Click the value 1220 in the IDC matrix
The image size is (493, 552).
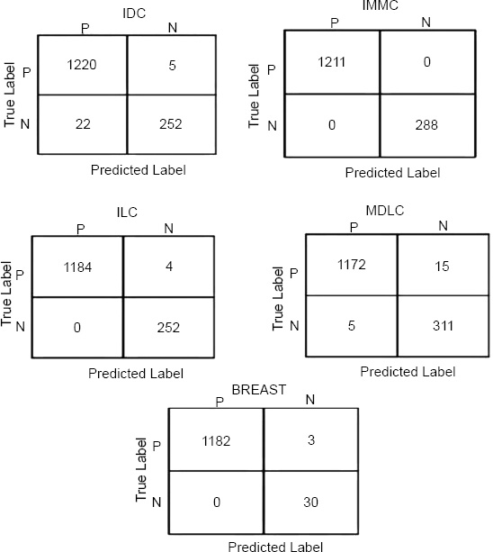coord(82,65)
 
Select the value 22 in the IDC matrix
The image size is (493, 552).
coord(83,124)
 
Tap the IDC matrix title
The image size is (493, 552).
coord(134,14)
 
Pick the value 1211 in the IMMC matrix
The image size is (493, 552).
coord(332,62)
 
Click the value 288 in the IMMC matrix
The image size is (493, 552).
coord(426,125)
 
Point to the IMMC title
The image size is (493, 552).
coord(381,5)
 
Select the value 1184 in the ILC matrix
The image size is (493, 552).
coord(77,267)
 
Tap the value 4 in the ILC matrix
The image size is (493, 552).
coord(169,267)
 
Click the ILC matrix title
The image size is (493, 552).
coord(127,213)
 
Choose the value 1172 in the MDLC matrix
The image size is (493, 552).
coord(352,265)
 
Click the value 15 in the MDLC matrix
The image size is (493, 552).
coord(442,267)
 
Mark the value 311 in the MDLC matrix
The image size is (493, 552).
coord(443,326)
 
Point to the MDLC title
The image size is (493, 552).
coord(385,211)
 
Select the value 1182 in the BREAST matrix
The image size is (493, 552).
coord(216,440)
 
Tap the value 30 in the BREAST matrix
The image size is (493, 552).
coord(311,502)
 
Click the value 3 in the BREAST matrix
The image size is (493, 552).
coord(311,440)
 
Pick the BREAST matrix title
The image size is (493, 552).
coord(259,390)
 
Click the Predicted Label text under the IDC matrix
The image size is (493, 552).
coord(139,170)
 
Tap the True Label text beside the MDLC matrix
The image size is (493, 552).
coord(278,299)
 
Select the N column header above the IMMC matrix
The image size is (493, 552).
coord(426,23)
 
